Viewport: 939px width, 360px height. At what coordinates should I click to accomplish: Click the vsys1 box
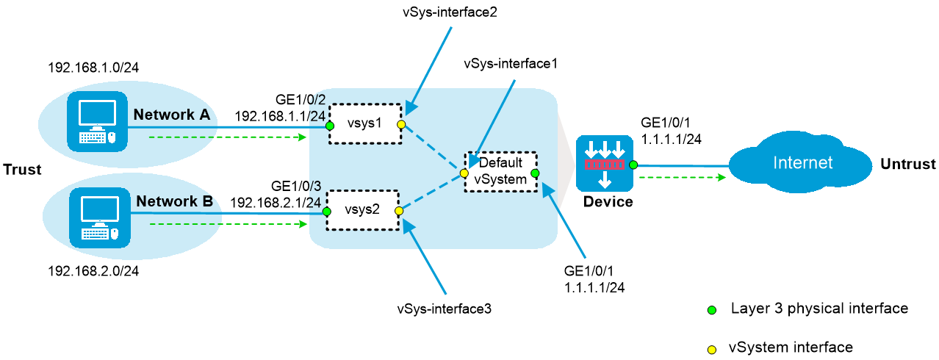[x=365, y=123]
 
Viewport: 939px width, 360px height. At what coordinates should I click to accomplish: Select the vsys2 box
[x=362, y=210]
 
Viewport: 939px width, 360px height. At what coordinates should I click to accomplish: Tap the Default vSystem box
[x=500, y=172]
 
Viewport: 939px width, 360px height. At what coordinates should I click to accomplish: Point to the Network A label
[x=172, y=115]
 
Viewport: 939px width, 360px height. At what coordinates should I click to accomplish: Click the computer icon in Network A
[x=97, y=122]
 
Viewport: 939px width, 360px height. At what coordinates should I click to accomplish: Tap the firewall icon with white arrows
[x=604, y=163]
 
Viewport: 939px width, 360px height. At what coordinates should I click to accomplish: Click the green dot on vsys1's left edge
[x=330, y=126]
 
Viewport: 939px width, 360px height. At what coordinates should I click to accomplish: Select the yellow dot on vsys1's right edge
[x=401, y=125]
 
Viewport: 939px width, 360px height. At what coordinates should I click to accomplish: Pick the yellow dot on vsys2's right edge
[x=399, y=211]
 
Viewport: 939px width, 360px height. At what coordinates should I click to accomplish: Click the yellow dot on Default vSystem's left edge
[x=464, y=174]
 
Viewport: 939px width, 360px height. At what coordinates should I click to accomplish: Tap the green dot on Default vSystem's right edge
[x=535, y=173]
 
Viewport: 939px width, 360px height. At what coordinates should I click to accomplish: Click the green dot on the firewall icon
[x=633, y=165]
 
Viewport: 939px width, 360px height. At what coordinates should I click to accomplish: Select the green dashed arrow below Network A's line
[x=228, y=137]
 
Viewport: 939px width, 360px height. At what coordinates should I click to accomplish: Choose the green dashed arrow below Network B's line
[x=228, y=224]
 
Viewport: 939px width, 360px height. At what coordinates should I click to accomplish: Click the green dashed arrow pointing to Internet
[x=682, y=177]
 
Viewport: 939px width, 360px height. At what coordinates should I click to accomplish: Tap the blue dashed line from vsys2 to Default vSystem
[x=431, y=192]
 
